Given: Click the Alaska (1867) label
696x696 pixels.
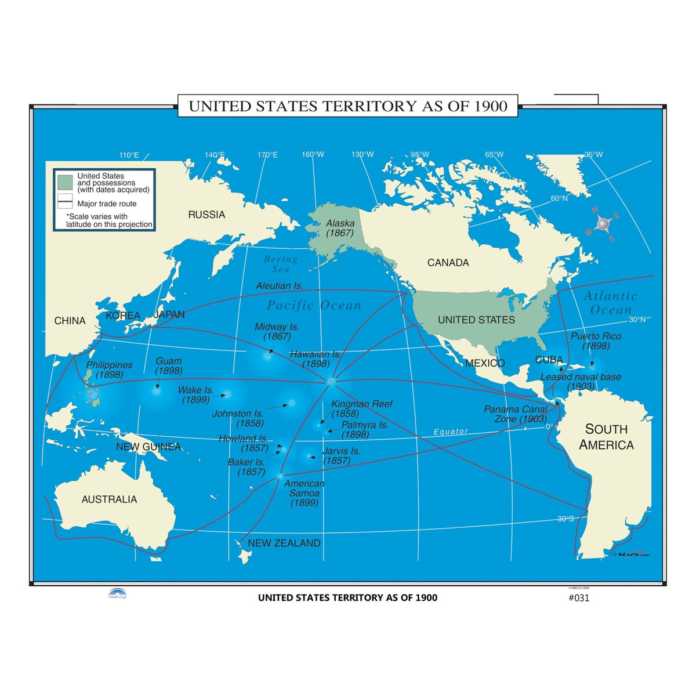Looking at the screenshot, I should (x=340, y=228).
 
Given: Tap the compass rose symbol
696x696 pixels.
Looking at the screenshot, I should (x=603, y=223).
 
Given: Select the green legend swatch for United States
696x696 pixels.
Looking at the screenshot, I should (x=65, y=182).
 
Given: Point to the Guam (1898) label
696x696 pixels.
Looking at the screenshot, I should (x=169, y=365).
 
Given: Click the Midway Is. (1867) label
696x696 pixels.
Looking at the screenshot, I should (x=277, y=332).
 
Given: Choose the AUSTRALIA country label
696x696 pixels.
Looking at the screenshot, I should (x=109, y=499).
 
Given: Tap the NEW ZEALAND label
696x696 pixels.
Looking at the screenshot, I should (x=284, y=543).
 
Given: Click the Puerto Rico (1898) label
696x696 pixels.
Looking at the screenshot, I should (x=596, y=341).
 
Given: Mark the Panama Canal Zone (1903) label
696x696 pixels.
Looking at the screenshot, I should (x=516, y=414).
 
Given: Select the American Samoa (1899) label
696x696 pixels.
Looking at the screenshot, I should (x=304, y=493).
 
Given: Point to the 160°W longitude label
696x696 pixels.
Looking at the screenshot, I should (x=313, y=154).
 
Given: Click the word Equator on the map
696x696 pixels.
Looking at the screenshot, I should (x=451, y=432).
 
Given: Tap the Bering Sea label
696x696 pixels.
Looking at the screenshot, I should (x=281, y=264).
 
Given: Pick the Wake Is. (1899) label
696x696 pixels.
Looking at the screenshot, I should (x=195, y=395).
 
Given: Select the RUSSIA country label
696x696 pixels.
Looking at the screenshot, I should (x=206, y=215).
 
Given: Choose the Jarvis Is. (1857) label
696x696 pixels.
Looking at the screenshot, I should (x=340, y=455).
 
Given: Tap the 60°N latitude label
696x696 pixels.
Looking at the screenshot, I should (x=559, y=198).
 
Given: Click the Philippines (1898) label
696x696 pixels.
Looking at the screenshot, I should (x=109, y=370).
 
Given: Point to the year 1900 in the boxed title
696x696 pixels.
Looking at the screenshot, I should (x=491, y=106).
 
